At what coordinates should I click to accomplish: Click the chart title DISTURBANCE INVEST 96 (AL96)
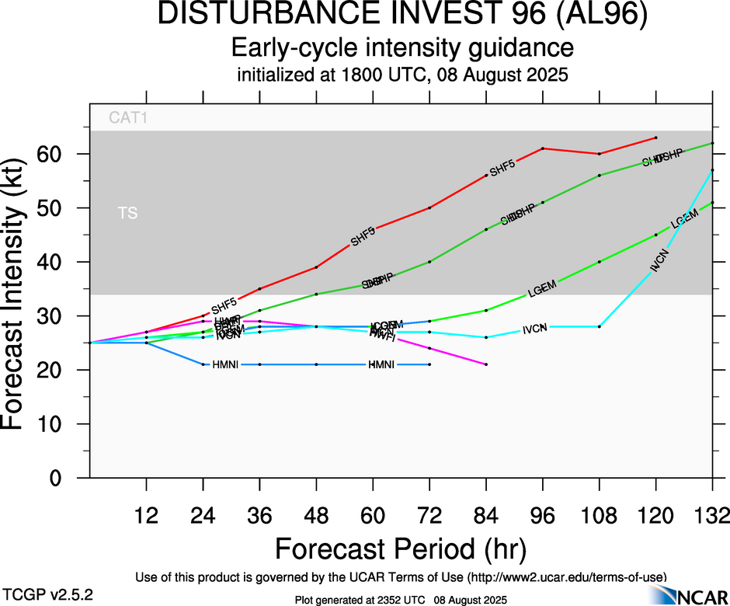[402, 16]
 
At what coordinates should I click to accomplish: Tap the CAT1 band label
[128, 119]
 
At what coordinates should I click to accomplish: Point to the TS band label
[127, 213]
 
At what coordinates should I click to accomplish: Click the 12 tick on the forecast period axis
[146, 514]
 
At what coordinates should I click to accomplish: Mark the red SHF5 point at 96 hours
[543, 148]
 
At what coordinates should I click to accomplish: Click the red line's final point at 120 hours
[656, 138]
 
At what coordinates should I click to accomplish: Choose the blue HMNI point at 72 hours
[429, 364]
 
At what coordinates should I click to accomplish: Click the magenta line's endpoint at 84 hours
[486, 364]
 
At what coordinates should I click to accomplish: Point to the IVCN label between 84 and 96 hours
[534, 329]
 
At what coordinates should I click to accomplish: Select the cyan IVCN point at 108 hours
[600, 326]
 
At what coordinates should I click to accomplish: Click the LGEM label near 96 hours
[542, 291]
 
